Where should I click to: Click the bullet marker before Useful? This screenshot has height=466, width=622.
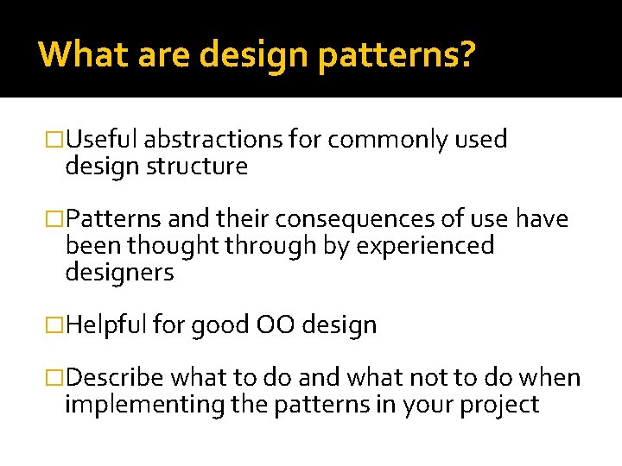(54, 140)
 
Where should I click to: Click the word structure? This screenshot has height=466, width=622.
(199, 166)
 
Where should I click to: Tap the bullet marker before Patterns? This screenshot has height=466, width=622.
(54, 220)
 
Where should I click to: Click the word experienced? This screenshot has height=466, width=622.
(427, 246)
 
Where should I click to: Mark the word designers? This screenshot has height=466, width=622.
(119, 273)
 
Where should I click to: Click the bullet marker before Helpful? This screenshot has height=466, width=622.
(54, 325)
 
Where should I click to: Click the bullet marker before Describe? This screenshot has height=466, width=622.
(54, 378)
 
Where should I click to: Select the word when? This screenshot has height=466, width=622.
(553, 378)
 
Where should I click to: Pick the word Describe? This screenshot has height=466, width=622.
(115, 378)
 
